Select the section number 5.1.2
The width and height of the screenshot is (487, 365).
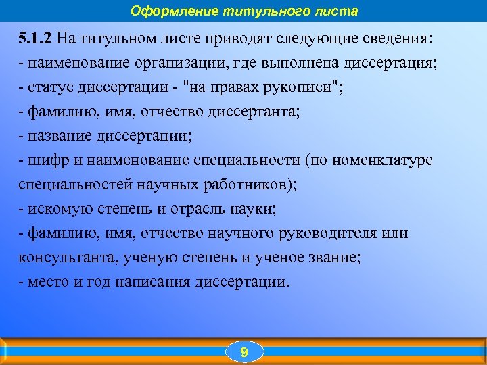click(x=37, y=38)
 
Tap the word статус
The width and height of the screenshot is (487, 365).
click(x=47, y=87)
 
